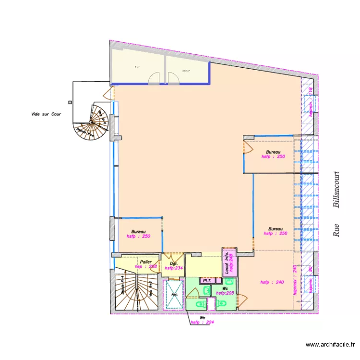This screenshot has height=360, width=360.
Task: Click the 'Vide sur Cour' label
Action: pyautogui.click(x=46, y=114)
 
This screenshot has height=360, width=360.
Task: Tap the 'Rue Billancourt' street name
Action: pyautogui.click(x=336, y=204)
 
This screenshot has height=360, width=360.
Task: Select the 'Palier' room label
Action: pyautogui.click(x=146, y=262)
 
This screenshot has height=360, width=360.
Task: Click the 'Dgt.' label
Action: pyautogui.click(x=174, y=264)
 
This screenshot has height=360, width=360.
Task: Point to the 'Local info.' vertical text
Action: pyautogui.click(x=227, y=263)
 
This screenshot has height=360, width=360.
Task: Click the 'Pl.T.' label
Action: pyautogui.click(x=207, y=280)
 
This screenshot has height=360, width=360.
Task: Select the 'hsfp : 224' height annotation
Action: pyautogui.click(x=202, y=322)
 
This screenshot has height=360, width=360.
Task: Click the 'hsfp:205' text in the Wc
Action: pyautogui.click(x=225, y=293)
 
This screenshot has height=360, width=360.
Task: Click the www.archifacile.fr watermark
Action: pyautogui.click(x=331, y=344)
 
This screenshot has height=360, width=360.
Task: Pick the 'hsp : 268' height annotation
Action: pyautogui.click(x=146, y=266)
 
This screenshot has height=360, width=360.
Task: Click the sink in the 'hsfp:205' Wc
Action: pyautogui.click(x=206, y=290)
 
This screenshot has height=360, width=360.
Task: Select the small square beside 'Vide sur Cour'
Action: pyautogui.click(x=70, y=102)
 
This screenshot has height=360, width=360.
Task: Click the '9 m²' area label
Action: pyautogui.click(x=137, y=67)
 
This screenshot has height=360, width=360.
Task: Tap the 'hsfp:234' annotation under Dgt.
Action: pyautogui.click(x=173, y=268)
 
